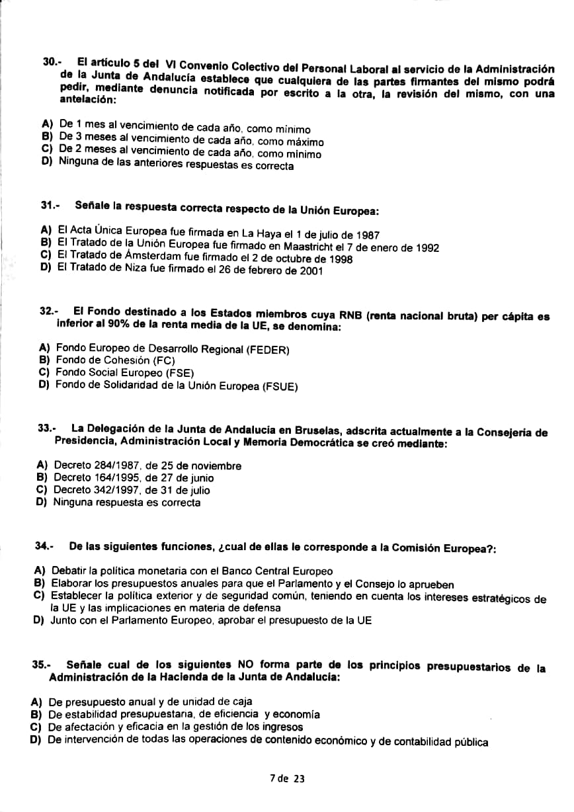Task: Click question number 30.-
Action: tap(52, 61)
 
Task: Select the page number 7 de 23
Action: tap(287, 778)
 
